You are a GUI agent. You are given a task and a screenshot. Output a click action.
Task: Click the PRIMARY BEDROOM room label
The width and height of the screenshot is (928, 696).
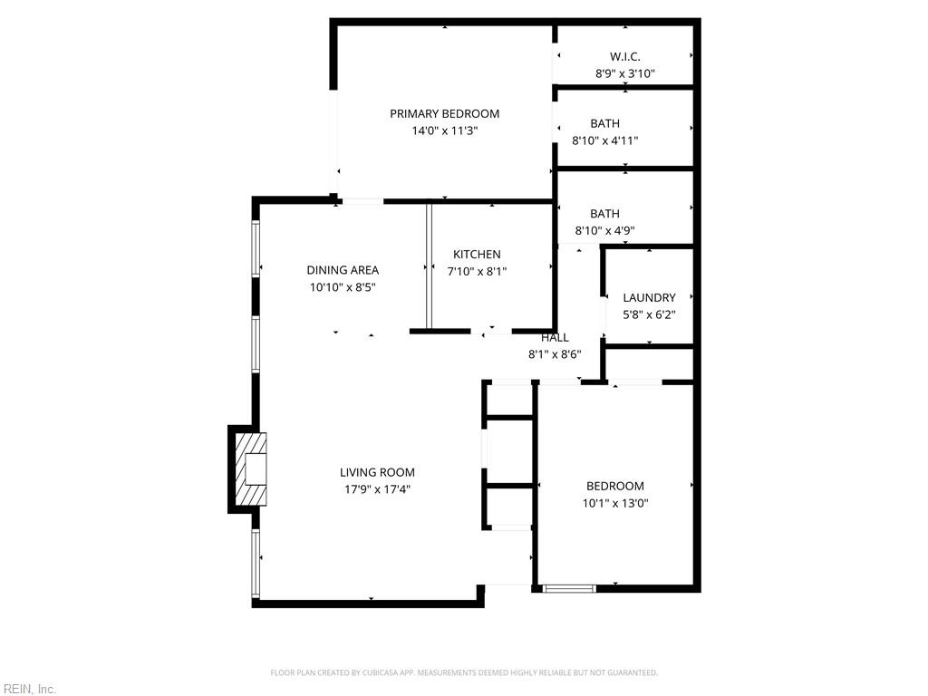(444, 114)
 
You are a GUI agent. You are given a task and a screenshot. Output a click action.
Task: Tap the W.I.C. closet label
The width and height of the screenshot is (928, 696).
(624, 57)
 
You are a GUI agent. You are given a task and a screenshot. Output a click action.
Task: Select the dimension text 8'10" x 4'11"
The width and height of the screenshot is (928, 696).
(604, 140)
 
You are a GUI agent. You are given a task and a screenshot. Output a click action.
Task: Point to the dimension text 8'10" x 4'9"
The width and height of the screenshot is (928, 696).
(604, 230)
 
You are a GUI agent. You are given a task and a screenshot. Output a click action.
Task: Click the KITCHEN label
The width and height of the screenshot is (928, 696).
(477, 255)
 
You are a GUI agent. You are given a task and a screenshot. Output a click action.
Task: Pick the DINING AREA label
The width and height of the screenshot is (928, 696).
(343, 270)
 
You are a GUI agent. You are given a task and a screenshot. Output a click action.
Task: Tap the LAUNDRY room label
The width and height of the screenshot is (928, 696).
(649, 297)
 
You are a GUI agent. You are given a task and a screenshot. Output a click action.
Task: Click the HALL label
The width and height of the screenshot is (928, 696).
(555, 337)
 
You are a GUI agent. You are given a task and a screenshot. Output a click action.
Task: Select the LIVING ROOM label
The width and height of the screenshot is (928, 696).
(377, 472)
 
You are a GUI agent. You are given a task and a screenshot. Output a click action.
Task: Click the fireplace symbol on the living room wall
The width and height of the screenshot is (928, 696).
(250, 469)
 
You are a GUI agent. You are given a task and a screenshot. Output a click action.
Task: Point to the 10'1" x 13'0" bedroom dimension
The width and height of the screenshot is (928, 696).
(614, 503)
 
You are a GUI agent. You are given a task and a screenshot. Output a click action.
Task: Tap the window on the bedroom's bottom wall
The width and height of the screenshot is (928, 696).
(569, 588)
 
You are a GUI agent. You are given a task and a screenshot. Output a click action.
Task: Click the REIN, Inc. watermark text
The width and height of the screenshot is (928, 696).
(28, 690)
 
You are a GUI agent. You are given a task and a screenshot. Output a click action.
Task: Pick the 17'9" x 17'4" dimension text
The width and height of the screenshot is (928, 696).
(377, 489)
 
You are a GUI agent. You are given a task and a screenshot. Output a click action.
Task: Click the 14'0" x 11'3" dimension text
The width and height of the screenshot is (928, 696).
(444, 130)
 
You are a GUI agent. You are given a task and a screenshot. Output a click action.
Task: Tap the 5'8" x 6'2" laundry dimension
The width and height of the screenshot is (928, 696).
(649, 314)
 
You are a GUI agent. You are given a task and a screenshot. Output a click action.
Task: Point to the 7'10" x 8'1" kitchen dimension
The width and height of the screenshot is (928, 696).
(477, 271)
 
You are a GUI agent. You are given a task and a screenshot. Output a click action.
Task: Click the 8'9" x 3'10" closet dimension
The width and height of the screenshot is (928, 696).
(624, 73)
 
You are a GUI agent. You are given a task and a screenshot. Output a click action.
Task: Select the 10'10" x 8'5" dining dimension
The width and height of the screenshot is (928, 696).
(343, 287)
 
